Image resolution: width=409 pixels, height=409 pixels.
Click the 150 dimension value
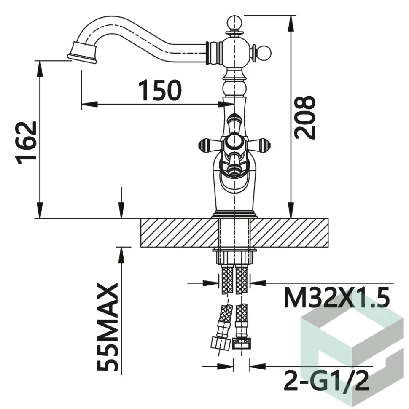pyautogui.click(x=160, y=90)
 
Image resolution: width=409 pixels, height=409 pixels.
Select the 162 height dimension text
pyautogui.click(x=26, y=143)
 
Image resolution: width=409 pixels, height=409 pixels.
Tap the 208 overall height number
pyautogui.click(x=305, y=117)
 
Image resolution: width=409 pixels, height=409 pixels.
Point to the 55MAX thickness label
pyautogui.click(x=108, y=327)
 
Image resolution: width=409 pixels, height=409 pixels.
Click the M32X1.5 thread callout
pyautogui.click(x=337, y=297)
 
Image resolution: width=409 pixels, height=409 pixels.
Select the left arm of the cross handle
pyautogui.click(x=210, y=145)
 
